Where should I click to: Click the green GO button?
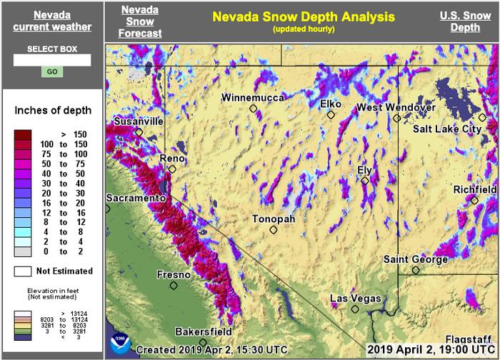point(52,72)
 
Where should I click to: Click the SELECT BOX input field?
point(52,60)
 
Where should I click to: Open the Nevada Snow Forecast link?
point(141,21)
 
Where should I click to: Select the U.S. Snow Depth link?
point(465,21)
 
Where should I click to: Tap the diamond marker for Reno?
point(172,169)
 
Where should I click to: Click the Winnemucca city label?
point(252,98)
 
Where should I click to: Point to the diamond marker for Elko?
point(331,114)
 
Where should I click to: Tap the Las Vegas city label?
point(355,299)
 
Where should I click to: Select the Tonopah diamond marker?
point(274,230)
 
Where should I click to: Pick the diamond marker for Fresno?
point(173,286)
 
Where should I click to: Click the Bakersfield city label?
point(204,332)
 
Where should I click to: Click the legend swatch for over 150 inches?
point(24,134)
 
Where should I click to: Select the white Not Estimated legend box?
point(23,271)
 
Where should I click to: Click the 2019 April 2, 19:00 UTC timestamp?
point(431,350)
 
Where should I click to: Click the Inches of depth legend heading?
point(53,111)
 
